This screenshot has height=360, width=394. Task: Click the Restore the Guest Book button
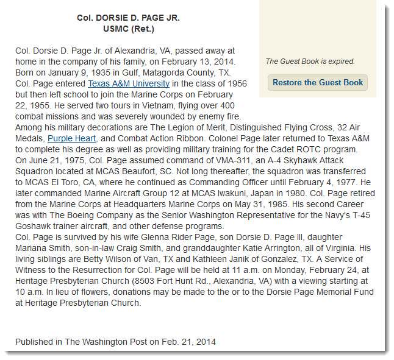click(317, 82)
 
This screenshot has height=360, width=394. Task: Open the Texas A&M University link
click(129, 83)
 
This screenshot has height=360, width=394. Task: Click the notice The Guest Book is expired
click(310, 61)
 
